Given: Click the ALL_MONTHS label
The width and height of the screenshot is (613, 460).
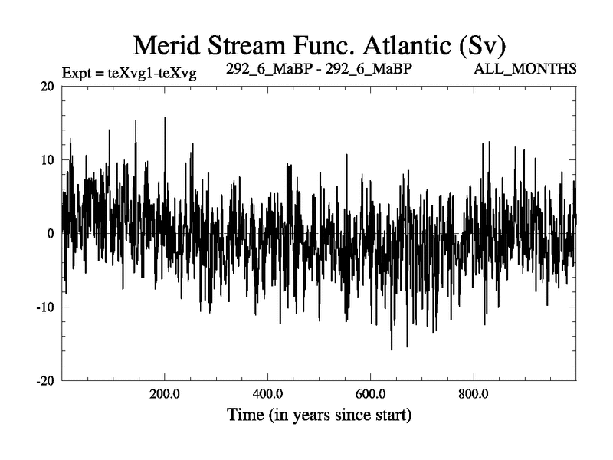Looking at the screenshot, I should (x=526, y=69).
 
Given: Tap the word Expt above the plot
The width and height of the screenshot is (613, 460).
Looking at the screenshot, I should (x=78, y=74).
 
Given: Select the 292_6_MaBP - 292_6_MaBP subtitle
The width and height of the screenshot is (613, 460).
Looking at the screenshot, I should (x=320, y=68).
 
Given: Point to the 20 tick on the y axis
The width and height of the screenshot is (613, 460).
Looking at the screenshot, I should (x=47, y=87).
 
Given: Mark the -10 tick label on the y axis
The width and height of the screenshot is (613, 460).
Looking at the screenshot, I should (x=44, y=307).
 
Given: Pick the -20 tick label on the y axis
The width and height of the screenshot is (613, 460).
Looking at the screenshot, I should (x=44, y=381).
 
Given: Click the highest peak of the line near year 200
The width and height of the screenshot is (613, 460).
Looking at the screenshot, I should (x=165, y=118).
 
